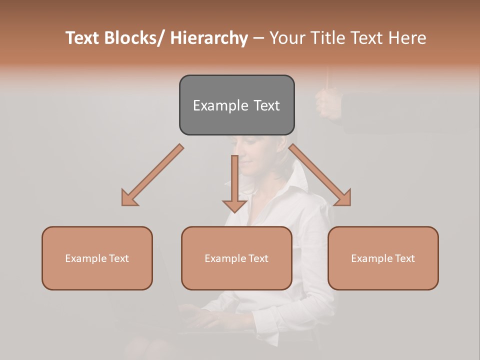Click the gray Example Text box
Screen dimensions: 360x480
click(236, 105)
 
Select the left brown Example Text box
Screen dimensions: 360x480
click(97, 258)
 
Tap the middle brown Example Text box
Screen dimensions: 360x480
click(236, 258)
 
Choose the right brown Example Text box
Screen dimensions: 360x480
click(383, 258)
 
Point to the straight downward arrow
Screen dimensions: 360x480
click(234, 182)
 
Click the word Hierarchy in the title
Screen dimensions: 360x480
click(209, 38)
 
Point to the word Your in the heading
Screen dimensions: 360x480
click(287, 38)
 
